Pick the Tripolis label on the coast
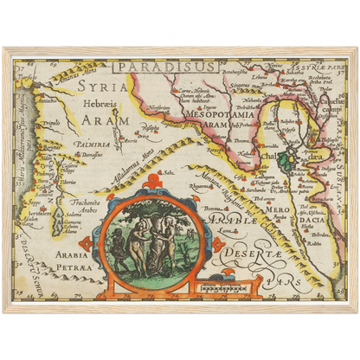(53, 123)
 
